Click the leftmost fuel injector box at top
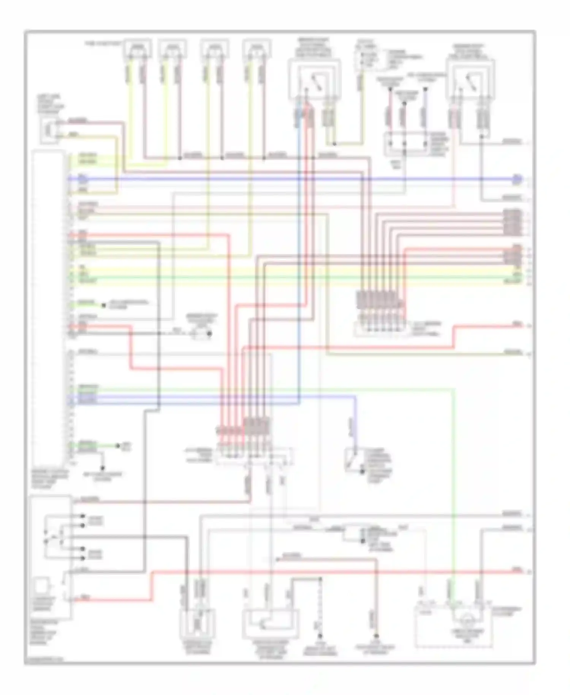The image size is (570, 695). (x=137, y=49)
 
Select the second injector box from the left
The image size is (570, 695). (x=173, y=49)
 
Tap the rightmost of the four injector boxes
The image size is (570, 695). (x=256, y=49)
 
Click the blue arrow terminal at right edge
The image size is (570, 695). (x=517, y=179)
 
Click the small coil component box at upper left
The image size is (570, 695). (x=49, y=130)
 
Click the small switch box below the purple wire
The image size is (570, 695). (x=353, y=460)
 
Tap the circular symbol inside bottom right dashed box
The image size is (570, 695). (x=466, y=620)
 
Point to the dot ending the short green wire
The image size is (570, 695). (x=118, y=445)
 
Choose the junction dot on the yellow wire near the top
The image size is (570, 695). (x=334, y=144)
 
